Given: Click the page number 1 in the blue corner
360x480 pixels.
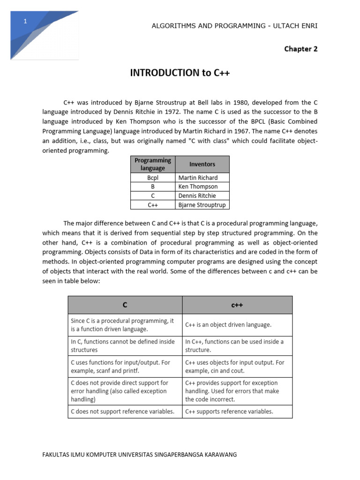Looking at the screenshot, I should [25, 22].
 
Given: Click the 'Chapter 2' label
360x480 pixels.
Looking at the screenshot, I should [300, 49].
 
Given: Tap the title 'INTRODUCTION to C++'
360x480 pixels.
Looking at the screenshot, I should [180, 73].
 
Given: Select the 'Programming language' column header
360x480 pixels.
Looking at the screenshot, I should [153, 164].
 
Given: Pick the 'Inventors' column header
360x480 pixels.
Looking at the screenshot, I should [202, 164].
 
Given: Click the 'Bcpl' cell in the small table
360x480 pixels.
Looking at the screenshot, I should [153, 178].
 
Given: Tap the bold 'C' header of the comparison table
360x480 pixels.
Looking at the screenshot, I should [125, 305].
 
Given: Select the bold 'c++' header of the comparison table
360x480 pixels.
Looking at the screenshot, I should [237, 305].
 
